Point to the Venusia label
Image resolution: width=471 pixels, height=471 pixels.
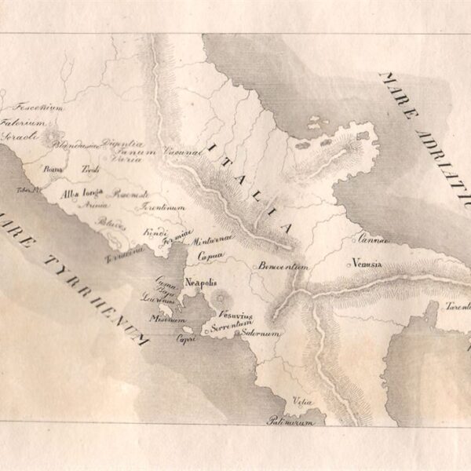(x=367, y=264)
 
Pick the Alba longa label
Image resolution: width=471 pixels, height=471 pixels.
(x=82, y=192)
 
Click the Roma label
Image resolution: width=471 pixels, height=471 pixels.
(x=53, y=169)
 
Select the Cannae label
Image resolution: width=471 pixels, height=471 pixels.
(x=370, y=239)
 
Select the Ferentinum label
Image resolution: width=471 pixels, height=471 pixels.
(x=163, y=207)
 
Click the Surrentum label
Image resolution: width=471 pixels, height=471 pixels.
(x=233, y=323)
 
